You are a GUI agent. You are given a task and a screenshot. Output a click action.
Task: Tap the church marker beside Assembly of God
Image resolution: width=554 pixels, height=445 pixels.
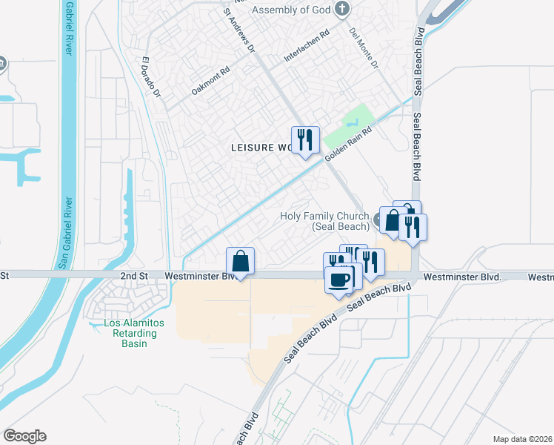341,10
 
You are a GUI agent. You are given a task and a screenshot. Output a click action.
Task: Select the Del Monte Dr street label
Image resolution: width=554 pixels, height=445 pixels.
364,49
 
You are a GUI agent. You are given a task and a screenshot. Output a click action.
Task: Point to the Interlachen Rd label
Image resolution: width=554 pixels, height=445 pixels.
306,47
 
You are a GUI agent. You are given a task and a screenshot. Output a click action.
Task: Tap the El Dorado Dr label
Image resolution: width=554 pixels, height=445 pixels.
151,79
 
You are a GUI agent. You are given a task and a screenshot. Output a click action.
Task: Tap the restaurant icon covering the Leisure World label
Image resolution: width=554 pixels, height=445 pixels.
304,139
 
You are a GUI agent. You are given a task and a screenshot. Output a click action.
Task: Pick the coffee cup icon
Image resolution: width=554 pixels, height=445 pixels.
339,280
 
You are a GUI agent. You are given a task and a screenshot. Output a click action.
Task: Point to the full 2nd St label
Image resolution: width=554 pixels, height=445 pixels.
134,275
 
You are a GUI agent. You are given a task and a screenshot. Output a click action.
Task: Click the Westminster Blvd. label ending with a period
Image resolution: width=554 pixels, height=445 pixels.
461,277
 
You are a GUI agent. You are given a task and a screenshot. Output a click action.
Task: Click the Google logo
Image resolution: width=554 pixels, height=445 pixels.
24,436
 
